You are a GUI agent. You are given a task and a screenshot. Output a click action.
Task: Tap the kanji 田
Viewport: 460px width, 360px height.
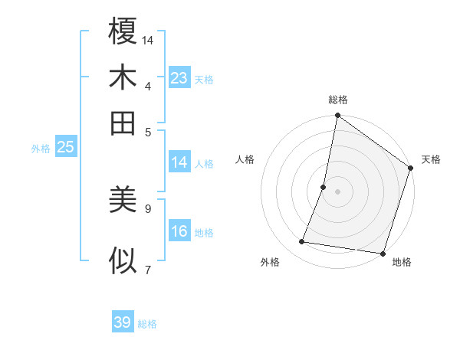coord(123,122)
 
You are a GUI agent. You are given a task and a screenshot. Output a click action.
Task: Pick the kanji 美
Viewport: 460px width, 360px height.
coord(123,201)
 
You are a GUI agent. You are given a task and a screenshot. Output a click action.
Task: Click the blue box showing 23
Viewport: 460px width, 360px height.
coord(179,78)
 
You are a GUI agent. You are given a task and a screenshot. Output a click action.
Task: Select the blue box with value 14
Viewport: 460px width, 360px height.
coord(179,162)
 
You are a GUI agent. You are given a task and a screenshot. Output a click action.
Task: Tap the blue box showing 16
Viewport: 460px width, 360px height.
coord(179,231)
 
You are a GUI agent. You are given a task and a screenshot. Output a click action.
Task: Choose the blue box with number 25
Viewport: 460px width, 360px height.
coord(65,148)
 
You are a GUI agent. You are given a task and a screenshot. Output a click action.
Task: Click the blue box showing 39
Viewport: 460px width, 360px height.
coord(123,322)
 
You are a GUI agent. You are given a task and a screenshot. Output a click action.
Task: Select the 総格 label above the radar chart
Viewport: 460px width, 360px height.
coord(338,100)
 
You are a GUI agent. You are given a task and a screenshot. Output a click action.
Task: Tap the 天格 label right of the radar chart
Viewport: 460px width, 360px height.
coord(431,159)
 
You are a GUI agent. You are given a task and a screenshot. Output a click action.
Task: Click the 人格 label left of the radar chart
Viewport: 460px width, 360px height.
coord(245,159)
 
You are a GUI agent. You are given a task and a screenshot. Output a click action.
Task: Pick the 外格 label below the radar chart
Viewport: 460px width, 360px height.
coord(270,262)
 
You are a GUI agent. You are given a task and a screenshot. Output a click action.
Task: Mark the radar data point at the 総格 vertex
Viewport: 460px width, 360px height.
coord(337,116)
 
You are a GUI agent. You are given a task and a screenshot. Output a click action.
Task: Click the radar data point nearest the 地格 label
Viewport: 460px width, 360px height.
coord(382,253)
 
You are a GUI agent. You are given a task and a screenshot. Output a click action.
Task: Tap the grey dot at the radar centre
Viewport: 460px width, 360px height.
coord(337,191)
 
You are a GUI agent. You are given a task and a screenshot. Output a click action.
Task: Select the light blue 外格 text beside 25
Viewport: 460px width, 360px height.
coord(41,149)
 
